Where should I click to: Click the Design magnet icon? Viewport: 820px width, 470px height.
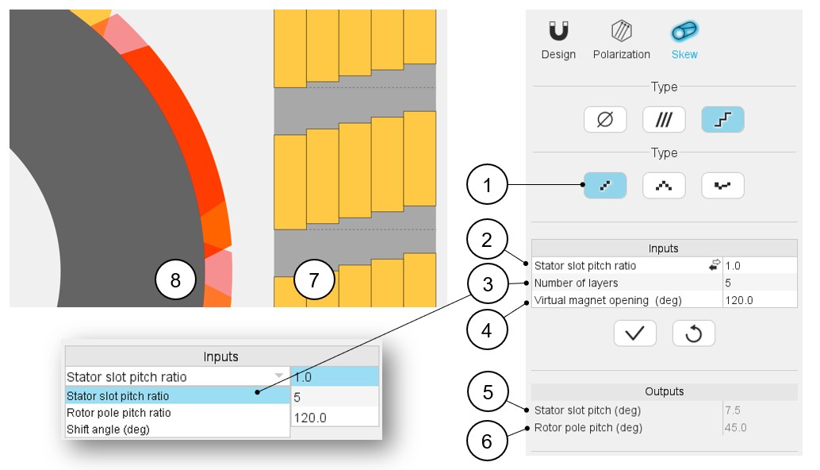(x=558, y=31)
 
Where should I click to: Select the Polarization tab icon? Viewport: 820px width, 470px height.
(x=621, y=31)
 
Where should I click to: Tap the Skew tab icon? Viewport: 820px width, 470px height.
(x=684, y=31)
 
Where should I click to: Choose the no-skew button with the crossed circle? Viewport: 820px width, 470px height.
(x=605, y=119)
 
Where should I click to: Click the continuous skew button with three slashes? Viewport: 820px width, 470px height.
(x=664, y=119)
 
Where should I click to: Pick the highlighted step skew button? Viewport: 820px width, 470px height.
(x=722, y=119)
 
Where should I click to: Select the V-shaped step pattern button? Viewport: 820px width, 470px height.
(x=664, y=185)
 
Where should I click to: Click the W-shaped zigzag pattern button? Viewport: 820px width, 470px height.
(x=722, y=185)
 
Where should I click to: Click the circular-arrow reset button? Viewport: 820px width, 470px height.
(x=693, y=333)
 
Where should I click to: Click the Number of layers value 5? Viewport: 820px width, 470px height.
(x=728, y=283)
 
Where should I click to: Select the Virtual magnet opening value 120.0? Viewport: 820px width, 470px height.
(x=739, y=300)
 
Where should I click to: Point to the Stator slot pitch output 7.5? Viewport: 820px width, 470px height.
(x=733, y=410)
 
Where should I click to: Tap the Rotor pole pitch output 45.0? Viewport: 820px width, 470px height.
(x=736, y=428)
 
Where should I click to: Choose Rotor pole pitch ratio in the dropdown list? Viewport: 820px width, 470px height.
(x=119, y=413)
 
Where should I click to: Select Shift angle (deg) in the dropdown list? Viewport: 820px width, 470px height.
(x=109, y=430)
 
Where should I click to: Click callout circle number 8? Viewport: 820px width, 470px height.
(x=175, y=280)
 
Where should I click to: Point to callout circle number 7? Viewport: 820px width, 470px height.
(x=314, y=280)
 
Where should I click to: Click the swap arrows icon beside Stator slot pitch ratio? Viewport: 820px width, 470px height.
(x=715, y=265)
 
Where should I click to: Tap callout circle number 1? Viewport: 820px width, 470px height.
(x=487, y=185)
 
